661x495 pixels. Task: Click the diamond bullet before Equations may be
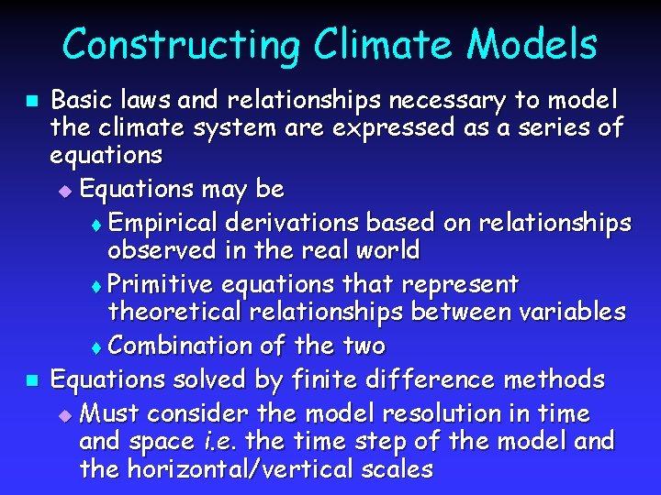coord(63,192)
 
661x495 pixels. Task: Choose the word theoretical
coord(174,312)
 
